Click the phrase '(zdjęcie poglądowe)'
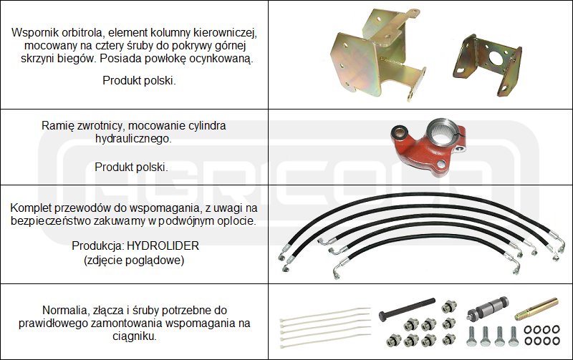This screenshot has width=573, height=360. [x=134, y=261]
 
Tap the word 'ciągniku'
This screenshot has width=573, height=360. [x=135, y=336]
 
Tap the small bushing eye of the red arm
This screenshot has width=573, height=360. [x=399, y=133]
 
